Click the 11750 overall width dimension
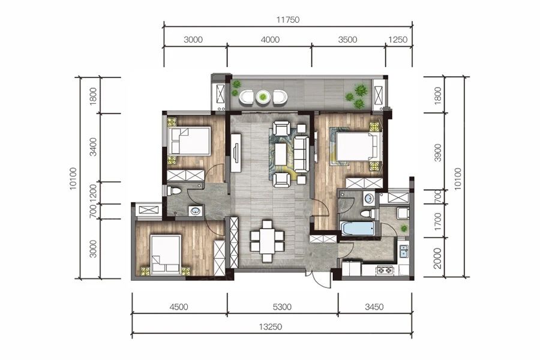point(288,20)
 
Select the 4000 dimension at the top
point(270,40)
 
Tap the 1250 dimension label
point(398,40)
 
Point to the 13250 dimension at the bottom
point(271,326)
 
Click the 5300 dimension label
point(282,307)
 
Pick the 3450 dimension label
point(374,307)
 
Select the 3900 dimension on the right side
point(438,152)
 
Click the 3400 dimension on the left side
point(93,147)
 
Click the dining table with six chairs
point(267,241)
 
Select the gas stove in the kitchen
point(385,270)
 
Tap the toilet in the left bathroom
point(174,191)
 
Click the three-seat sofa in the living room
point(301,154)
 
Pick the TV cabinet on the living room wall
point(236,152)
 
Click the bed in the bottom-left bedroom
point(166,254)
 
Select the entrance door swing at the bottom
point(319,280)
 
